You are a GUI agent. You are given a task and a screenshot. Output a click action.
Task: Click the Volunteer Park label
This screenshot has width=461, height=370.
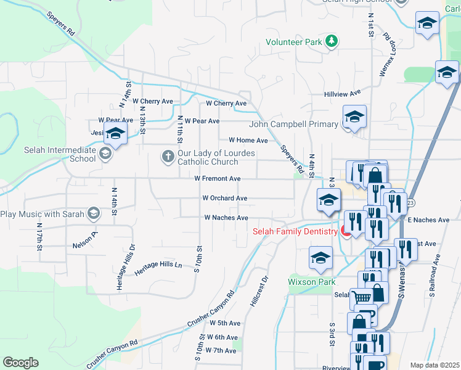294,43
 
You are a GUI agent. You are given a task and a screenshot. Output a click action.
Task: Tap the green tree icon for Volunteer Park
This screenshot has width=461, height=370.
332,41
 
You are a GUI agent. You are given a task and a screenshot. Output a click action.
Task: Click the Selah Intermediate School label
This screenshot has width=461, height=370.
52,154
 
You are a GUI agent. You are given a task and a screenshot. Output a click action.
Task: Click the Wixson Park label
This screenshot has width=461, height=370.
312,282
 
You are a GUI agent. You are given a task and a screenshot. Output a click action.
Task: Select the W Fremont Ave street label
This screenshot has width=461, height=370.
217,179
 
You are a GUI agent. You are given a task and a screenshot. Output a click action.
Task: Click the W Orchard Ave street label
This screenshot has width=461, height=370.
225,199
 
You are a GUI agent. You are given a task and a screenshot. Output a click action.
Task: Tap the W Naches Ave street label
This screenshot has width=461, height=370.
226,218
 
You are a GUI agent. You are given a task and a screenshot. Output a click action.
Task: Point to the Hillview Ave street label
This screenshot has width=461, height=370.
342,94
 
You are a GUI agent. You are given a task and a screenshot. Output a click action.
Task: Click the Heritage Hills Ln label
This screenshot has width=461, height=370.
159,265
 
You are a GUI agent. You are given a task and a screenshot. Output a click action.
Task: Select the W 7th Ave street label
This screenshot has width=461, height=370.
221,351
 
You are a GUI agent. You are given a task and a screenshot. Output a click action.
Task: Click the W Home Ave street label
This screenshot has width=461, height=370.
248,141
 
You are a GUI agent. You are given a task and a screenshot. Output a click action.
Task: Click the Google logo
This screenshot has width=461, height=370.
20,363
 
